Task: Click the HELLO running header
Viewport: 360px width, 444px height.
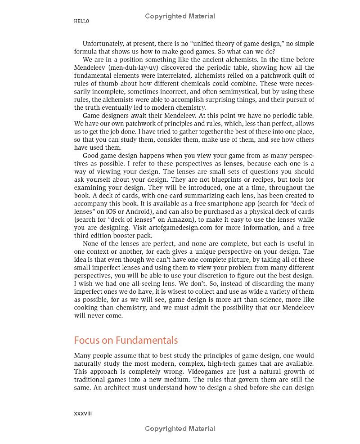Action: pyautogui.click(x=81, y=21)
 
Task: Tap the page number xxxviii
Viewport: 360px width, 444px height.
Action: pyautogui.click(x=82, y=413)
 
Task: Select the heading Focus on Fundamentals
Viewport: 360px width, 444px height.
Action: pyautogui.click(x=126, y=340)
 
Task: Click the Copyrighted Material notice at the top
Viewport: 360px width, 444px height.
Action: pyautogui.click(x=180, y=16)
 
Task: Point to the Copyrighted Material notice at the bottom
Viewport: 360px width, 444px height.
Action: pyautogui.click(x=180, y=429)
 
